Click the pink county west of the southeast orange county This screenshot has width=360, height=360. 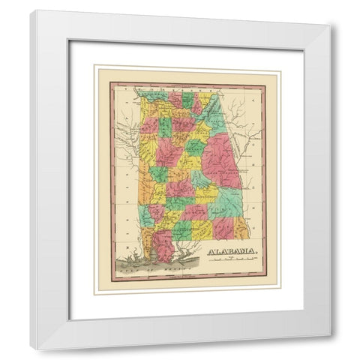[x=223, y=225]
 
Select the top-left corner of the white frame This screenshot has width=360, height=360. [x=31, y=10]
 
